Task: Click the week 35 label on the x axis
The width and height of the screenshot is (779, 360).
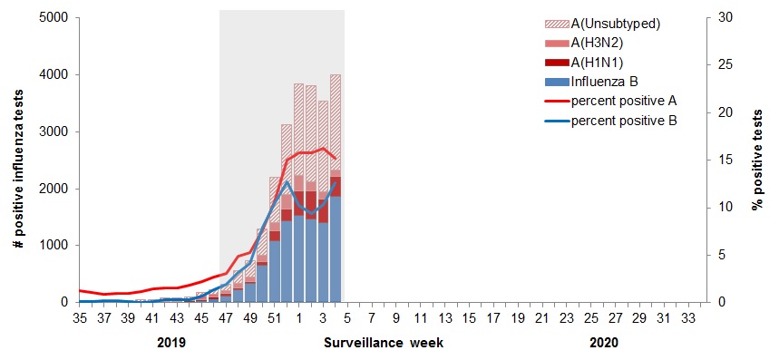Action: (x=79, y=318)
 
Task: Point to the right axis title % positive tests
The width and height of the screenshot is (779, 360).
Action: (x=757, y=160)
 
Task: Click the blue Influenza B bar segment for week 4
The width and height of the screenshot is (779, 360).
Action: (x=336, y=249)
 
